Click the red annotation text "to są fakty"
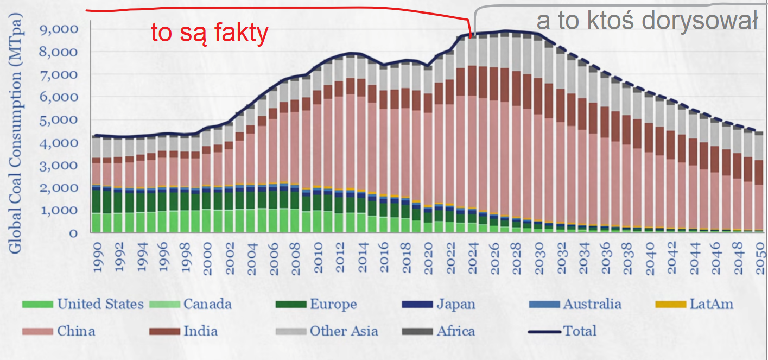[x=210, y=34]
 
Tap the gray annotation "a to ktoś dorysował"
[x=647, y=21]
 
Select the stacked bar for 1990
[x=97, y=185]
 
